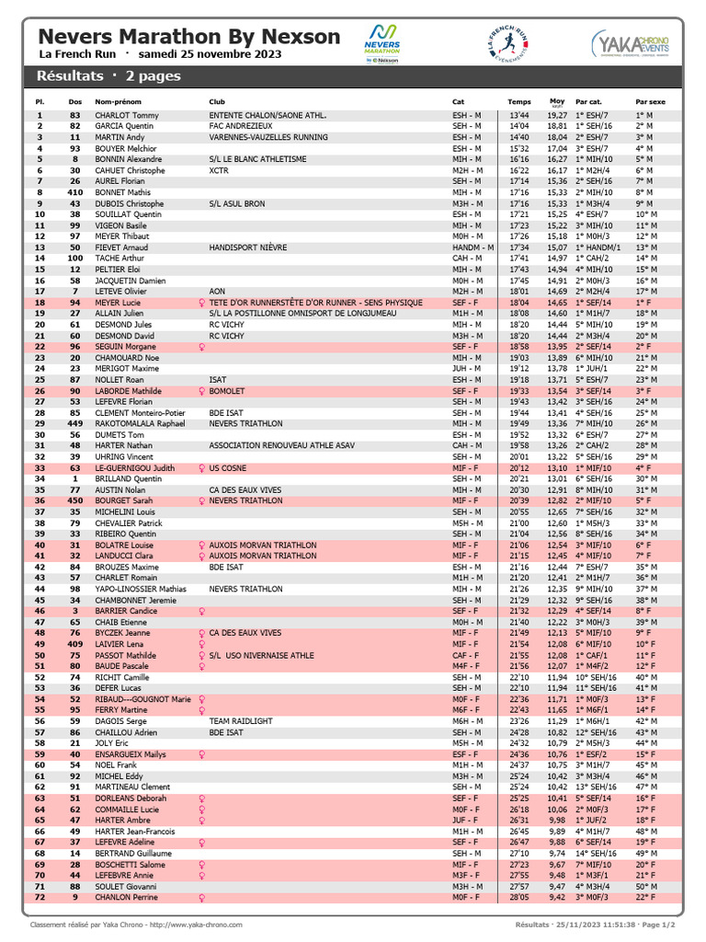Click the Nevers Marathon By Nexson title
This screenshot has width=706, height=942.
pyautogui.click(x=188, y=37)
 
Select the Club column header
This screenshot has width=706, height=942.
pyautogui.click(x=217, y=101)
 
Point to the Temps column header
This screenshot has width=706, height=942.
pyautogui.click(x=519, y=101)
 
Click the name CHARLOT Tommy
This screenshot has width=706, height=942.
pyautogui.click(x=127, y=115)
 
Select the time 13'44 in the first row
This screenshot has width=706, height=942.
pyautogui.click(x=519, y=115)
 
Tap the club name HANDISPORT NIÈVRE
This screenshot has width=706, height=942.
pyautogui.click(x=248, y=247)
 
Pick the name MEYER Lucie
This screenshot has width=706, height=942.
pyautogui.click(x=119, y=303)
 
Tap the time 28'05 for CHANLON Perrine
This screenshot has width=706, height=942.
pyautogui.click(x=519, y=897)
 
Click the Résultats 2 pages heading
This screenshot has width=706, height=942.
pyautogui.click(x=115, y=75)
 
